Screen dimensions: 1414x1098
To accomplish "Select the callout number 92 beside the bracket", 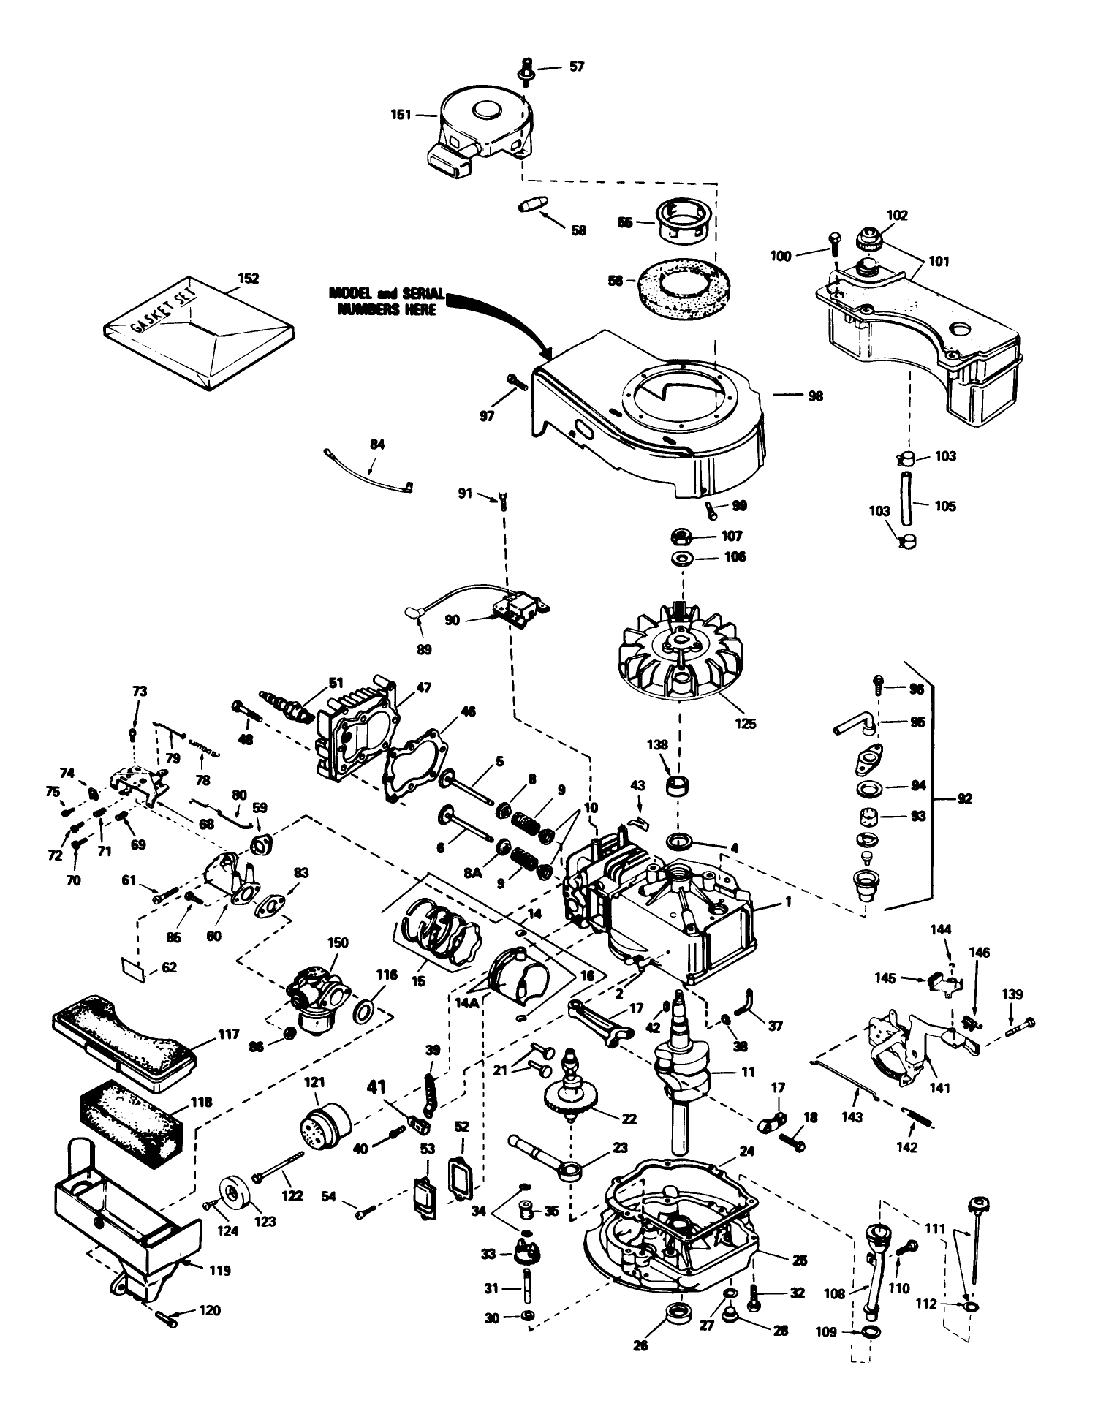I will pos(964,799).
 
